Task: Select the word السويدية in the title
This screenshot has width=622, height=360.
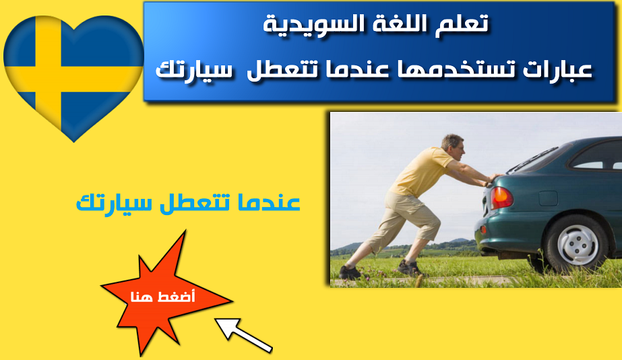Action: [309, 24]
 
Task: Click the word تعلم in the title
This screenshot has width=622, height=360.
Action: [464, 24]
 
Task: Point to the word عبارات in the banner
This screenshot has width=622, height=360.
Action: [557, 69]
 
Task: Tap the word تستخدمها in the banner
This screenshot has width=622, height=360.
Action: [453, 69]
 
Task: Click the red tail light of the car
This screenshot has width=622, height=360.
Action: [501, 198]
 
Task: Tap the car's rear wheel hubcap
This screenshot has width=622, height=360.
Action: [578, 245]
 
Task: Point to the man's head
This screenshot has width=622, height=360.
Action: [453, 146]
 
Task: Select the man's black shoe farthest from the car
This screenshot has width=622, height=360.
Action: [350, 272]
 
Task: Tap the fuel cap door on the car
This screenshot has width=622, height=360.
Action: [549, 198]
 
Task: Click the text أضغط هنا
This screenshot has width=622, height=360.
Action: [162, 297]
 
